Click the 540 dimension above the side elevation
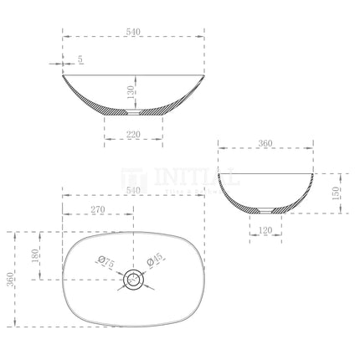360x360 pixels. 132,31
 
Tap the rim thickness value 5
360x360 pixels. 80,59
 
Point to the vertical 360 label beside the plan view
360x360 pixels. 11,279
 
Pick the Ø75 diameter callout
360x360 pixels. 106,261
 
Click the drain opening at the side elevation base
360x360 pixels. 133,111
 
